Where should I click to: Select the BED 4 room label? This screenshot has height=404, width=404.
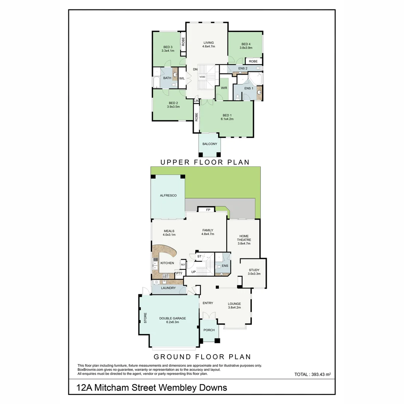click(x=246, y=46)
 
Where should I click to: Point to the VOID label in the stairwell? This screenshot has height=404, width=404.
click(x=202, y=77)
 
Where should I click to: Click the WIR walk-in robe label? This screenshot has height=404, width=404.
click(x=224, y=88)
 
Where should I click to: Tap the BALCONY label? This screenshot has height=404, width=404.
click(x=209, y=144)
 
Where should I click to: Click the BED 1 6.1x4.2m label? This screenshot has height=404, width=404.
click(x=227, y=117)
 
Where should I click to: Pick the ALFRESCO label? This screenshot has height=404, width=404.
click(x=168, y=196)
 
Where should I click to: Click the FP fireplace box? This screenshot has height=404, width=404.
click(x=208, y=210)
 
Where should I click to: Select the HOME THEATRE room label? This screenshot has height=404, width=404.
click(x=244, y=239)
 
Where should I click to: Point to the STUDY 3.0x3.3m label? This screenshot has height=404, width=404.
click(x=254, y=272)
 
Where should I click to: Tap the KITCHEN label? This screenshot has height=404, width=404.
click(x=167, y=263)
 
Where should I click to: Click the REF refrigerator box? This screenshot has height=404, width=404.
click(x=183, y=265)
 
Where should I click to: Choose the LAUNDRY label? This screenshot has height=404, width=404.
click(x=168, y=288)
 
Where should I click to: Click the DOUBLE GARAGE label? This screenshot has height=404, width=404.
click(x=172, y=321)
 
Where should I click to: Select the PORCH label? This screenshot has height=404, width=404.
click(x=209, y=330)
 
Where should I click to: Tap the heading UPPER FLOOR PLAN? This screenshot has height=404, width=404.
click(x=205, y=162)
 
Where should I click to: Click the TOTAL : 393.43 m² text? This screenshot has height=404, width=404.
click(x=313, y=374)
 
